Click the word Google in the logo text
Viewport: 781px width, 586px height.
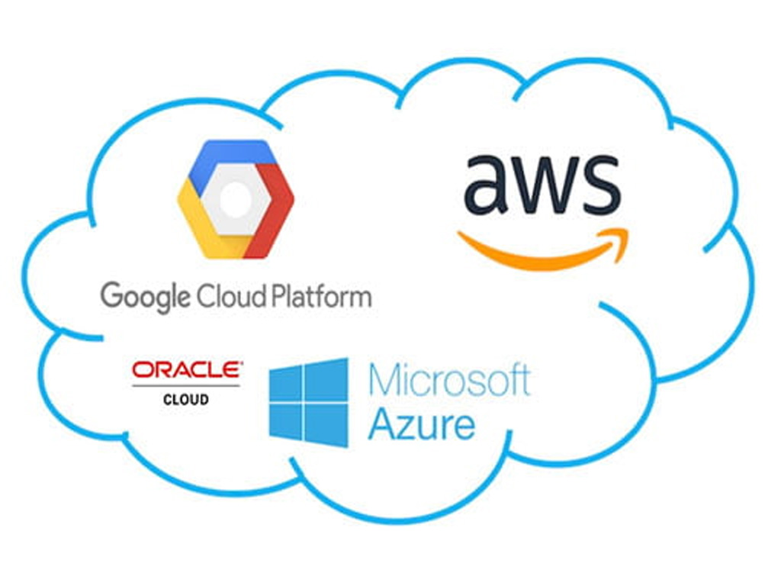pos(146,296)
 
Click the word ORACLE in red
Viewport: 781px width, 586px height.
pos(187,370)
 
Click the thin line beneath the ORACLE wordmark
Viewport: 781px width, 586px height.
pos(186,385)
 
